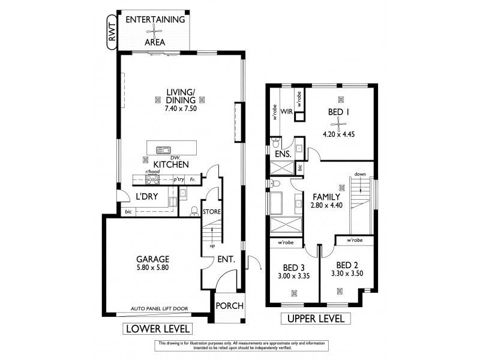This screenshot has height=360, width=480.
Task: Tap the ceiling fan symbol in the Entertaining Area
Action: (x=155, y=31)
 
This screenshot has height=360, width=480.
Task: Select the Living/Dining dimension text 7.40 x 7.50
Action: (x=181, y=109)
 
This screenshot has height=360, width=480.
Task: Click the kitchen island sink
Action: (x=163, y=150)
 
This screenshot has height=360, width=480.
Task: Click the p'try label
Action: (x=178, y=179)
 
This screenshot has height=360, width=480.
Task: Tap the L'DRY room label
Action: (x=147, y=197)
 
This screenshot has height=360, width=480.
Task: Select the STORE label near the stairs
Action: (x=211, y=211)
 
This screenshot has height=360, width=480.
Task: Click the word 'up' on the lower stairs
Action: (x=212, y=245)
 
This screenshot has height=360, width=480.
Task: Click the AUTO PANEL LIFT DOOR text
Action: (x=160, y=309)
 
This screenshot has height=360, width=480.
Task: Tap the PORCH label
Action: (x=229, y=305)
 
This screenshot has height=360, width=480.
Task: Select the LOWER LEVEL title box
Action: (x=157, y=328)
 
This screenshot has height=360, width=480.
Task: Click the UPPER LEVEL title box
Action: (x=316, y=319)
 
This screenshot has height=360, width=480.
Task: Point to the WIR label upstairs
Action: (x=286, y=111)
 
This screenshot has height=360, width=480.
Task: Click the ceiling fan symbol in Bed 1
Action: (x=340, y=125)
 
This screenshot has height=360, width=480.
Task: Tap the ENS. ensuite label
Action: (x=283, y=154)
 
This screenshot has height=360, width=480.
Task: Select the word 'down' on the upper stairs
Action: (x=359, y=174)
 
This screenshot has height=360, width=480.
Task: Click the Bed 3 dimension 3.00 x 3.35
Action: (x=293, y=277)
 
